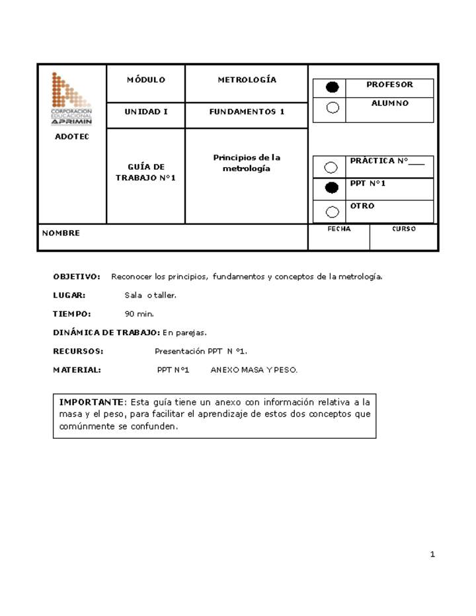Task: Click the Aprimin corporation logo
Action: click(71, 98)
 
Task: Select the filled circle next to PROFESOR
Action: click(333, 87)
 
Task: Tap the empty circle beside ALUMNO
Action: click(333, 107)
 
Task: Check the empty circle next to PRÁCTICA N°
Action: click(331, 167)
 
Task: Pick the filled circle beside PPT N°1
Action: click(331, 188)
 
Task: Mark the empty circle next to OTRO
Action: click(331, 212)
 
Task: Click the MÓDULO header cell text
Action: click(145, 80)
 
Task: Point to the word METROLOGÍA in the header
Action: click(247, 80)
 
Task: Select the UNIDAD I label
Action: click(145, 112)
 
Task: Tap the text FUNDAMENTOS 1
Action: click(247, 112)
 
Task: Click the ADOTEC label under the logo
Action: click(71, 137)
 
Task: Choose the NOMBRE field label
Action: click(61, 233)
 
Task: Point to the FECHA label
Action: click(338, 229)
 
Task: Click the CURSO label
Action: click(403, 229)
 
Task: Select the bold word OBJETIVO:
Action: click(77, 276)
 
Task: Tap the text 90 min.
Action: click(139, 314)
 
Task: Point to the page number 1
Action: click(432, 555)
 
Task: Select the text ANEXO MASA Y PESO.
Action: click(254, 370)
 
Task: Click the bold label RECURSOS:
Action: click(78, 352)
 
